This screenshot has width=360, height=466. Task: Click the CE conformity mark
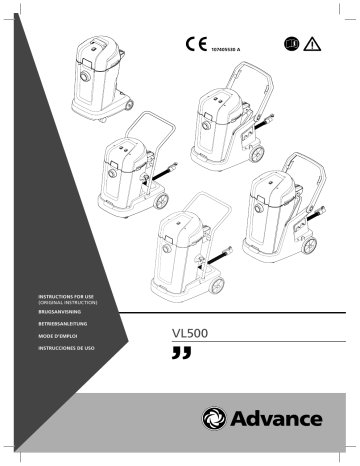coord(195,45)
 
